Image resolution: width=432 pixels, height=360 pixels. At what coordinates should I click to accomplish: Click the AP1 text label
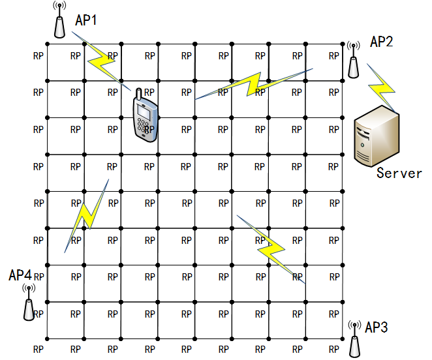coord(86,20)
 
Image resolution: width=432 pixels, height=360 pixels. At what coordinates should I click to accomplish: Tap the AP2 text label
coord(381,42)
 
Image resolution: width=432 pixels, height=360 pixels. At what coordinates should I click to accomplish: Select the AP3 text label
coord(377,327)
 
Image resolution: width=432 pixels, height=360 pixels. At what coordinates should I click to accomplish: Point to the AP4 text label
coord(20,275)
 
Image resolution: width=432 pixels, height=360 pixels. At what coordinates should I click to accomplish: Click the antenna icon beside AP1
coord(59,20)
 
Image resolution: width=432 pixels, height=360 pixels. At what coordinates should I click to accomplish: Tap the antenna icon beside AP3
coord(354,339)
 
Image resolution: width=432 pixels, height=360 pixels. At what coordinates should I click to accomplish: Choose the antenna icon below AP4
coord(29,303)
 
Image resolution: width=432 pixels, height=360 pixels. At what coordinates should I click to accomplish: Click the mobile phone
coord(146,115)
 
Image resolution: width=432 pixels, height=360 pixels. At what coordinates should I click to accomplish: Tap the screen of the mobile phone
coord(144,112)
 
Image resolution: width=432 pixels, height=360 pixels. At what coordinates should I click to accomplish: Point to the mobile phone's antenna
coord(139,94)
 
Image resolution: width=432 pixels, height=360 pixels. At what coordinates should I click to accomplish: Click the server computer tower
coord(377,136)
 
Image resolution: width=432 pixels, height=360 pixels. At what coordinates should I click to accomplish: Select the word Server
coord(399,173)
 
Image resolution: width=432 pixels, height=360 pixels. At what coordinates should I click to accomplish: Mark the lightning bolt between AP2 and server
coord(382,88)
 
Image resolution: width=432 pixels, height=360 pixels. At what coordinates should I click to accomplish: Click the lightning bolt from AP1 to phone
coord(101,61)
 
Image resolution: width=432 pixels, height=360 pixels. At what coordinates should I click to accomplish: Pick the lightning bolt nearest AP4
coord(87,216)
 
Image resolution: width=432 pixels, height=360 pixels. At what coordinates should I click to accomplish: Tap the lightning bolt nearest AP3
coord(271,249)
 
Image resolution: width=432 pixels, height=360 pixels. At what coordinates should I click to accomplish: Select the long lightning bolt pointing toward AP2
coord(254,84)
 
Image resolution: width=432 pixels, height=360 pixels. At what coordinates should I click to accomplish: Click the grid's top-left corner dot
coord(47,44)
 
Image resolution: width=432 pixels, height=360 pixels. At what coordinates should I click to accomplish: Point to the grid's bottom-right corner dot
coord(343,338)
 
